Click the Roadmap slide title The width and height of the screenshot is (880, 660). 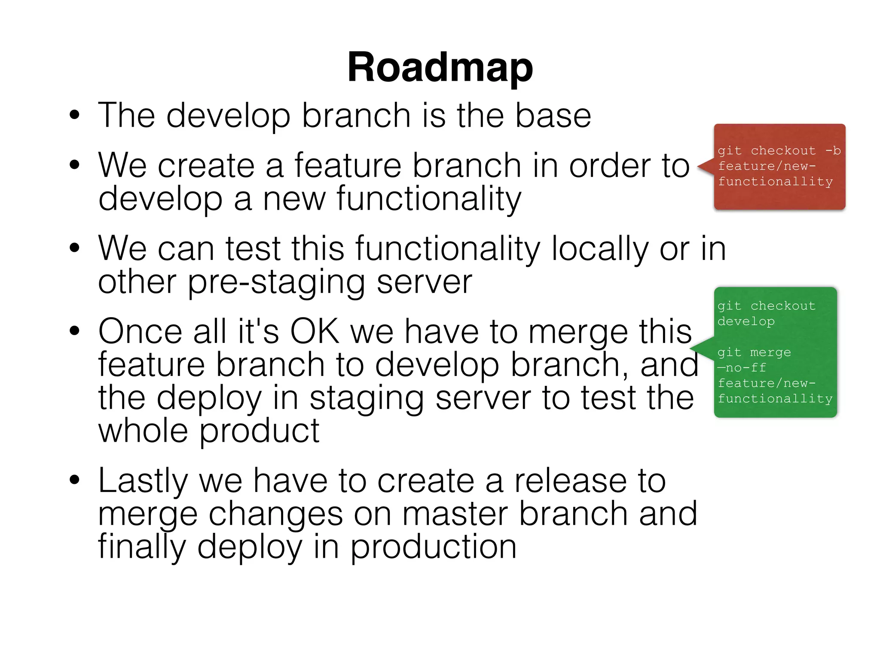(x=440, y=68)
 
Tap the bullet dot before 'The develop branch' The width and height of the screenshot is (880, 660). (x=75, y=116)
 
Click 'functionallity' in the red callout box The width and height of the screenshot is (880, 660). (x=775, y=182)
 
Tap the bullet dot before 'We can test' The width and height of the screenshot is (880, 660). (x=75, y=248)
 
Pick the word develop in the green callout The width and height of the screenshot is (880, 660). (x=746, y=321)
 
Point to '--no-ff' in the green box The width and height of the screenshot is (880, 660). (x=742, y=368)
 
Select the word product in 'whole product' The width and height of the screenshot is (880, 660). (x=260, y=431)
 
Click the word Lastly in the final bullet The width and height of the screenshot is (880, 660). (x=143, y=481)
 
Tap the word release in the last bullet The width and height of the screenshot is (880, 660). (x=571, y=481)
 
